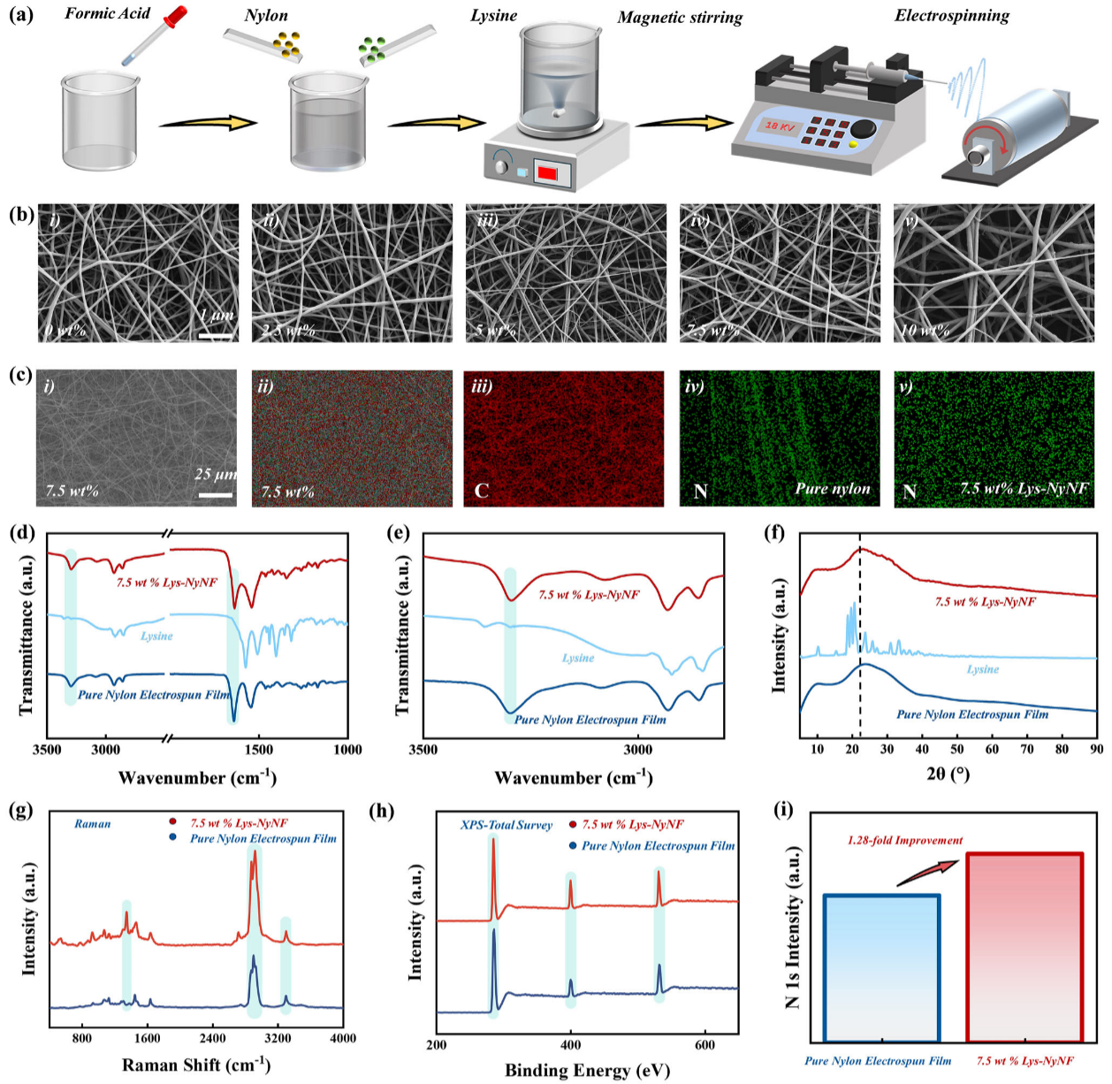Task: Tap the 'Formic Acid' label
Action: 107,13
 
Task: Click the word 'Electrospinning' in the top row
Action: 951,15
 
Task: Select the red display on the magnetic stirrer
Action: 547,172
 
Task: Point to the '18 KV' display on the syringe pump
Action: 780,126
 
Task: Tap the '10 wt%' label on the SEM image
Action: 925,331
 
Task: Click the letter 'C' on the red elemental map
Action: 481,491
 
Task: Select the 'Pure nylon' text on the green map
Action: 832,488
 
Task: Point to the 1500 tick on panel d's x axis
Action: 258,750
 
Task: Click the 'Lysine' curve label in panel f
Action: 982,669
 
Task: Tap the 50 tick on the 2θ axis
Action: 956,749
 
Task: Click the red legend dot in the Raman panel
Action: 173,822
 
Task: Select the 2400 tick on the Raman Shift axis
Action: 212,1038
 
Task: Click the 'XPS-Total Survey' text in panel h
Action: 506,825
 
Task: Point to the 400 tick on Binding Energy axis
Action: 571,1044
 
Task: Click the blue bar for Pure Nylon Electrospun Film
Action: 881,968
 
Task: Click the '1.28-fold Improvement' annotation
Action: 904,840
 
